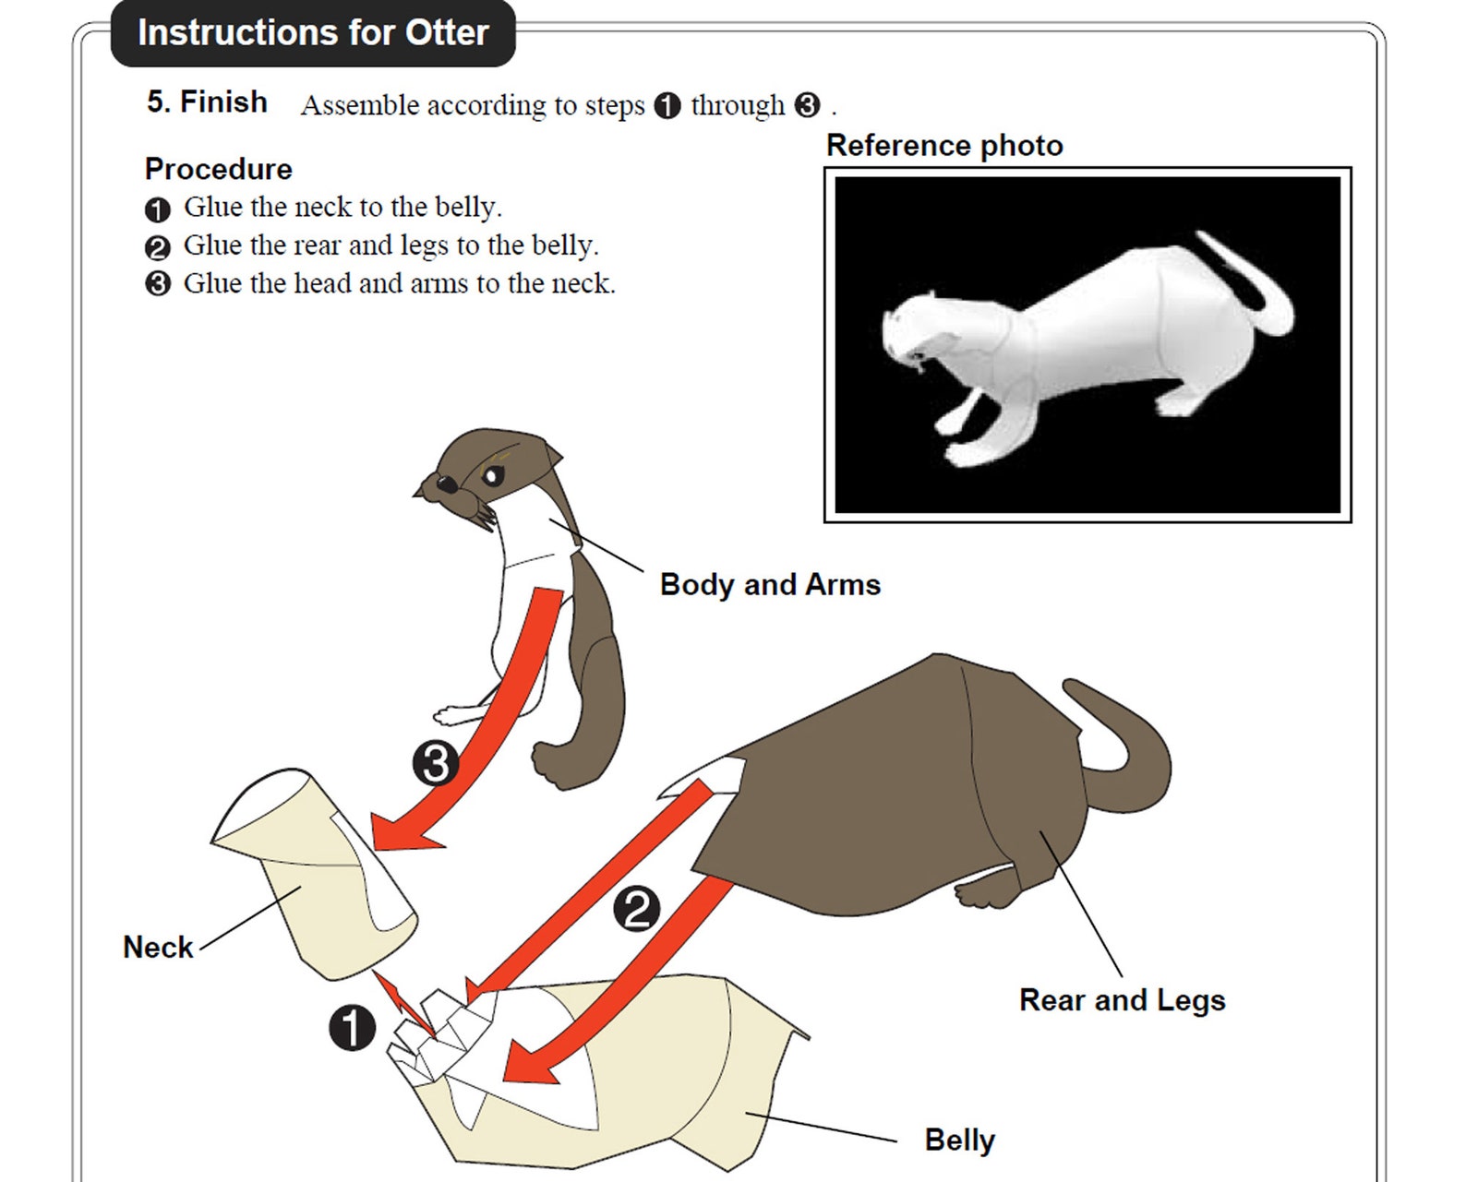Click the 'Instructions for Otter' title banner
(312, 33)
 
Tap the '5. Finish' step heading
(207, 101)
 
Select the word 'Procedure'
(218, 169)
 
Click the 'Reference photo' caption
(944, 146)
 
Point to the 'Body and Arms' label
(770, 584)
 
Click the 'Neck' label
(158, 947)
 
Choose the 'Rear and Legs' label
(1122, 999)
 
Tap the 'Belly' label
(959, 1140)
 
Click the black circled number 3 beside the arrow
(436, 763)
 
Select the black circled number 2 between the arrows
(637, 909)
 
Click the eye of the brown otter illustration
(493, 476)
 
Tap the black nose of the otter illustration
(446, 484)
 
